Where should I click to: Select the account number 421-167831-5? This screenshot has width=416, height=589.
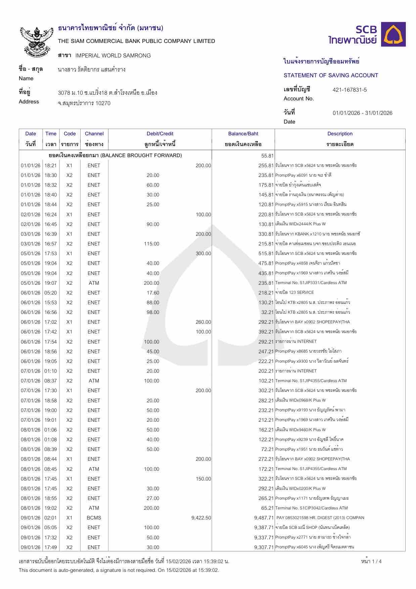click(x=350, y=90)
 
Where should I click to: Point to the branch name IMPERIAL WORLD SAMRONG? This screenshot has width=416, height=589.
click(x=113, y=55)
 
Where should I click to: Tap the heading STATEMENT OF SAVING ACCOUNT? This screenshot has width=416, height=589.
click(x=331, y=75)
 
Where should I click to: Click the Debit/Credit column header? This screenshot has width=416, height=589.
click(x=160, y=134)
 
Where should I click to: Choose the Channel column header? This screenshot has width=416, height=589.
click(x=94, y=134)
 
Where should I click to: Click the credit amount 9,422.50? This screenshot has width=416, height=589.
click(x=201, y=518)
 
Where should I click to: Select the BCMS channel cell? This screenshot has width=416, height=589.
click(x=94, y=518)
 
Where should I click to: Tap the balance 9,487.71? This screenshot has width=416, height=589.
click(x=264, y=518)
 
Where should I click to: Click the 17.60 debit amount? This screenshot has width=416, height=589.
click(x=153, y=293)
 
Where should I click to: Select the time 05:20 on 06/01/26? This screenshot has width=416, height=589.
click(x=51, y=293)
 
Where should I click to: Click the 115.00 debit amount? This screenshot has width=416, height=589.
click(x=151, y=244)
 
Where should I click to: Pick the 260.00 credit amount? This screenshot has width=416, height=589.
click(x=203, y=322)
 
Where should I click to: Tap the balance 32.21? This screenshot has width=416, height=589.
click(x=267, y=312)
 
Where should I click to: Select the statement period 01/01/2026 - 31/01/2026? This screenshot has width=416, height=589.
click(x=362, y=113)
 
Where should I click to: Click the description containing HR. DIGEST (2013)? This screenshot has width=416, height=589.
click(x=320, y=518)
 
